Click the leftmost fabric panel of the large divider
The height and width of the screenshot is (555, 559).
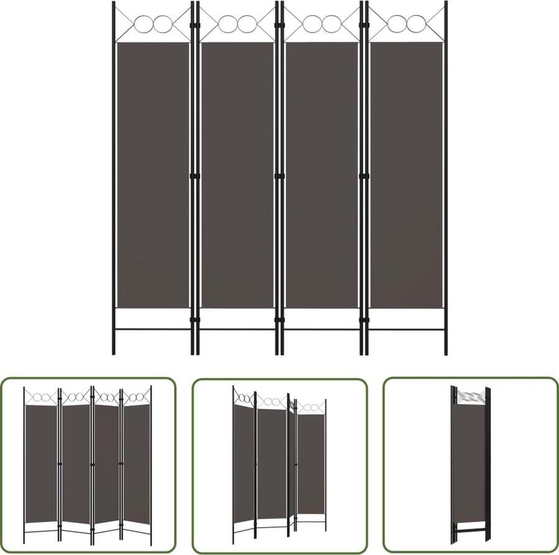[152, 174]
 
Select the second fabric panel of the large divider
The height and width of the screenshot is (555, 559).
[237, 174]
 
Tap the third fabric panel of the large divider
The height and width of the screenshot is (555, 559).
[322, 174]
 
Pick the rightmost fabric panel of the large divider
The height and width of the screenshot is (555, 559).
[406, 174]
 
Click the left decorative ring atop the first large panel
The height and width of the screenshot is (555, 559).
[143, 24]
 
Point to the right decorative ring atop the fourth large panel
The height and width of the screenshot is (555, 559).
[415, 24]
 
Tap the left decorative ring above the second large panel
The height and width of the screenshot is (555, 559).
[228, 24]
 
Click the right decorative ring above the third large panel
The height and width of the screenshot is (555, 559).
[330, 24]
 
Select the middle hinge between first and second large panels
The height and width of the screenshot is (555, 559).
[194, 177]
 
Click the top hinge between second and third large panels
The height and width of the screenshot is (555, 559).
[279, 27]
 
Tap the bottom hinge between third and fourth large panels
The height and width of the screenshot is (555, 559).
[363, 321]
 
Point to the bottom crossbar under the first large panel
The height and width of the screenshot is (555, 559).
[152, 329]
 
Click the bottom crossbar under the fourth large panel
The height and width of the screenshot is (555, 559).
[406, 329]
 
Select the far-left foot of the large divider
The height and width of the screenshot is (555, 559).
[114, 351]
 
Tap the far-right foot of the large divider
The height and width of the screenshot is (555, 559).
[446, 351]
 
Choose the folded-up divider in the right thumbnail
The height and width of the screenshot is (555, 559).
[470, 463]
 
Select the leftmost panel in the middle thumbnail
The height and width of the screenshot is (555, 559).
[243, 460]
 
